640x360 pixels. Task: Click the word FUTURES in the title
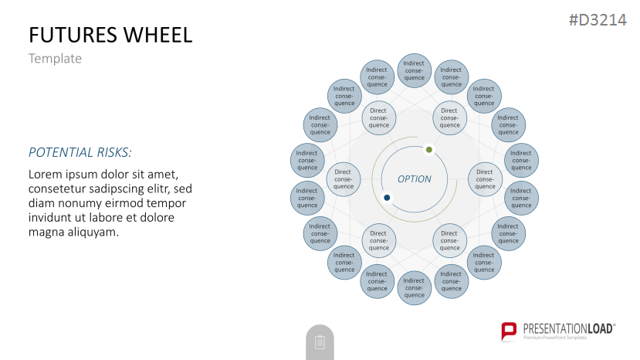[x=73, y=35]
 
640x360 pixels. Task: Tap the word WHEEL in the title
[x=157, y=35]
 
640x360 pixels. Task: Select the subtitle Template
[x=55, y=59]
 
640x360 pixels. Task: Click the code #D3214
[x=598, y=20]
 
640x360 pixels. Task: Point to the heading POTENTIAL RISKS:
[x=80, y=152]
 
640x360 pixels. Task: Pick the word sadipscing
[x=139, y=189]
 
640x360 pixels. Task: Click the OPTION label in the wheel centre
[x=415, y=179]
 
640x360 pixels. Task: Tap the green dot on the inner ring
[x=429, y=150]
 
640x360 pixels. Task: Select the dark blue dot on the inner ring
[x=387, y=198]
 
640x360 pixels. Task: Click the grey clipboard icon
[x=320, y=342]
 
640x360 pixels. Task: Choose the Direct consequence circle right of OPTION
[x=485, y=179]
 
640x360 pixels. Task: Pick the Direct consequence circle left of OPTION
[x=344, y=179]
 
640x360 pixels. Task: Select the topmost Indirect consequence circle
[x=415, y=70]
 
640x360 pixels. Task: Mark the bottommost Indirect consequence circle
[x=415, y=287]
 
